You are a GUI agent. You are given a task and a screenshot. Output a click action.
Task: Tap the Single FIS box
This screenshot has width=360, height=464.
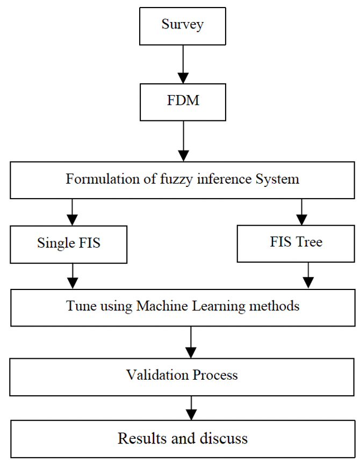coord(69,243)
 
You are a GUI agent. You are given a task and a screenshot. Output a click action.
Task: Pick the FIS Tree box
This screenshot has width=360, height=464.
coord(296,242)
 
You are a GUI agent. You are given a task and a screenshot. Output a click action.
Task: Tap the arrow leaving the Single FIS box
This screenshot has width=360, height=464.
coord(72,275)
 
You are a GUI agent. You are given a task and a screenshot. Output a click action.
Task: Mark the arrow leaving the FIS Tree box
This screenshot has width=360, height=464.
coord(308,275)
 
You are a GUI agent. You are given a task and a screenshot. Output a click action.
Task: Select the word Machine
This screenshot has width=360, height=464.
coord(166,307)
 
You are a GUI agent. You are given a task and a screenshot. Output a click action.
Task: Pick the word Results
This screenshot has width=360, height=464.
coord(141,438)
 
